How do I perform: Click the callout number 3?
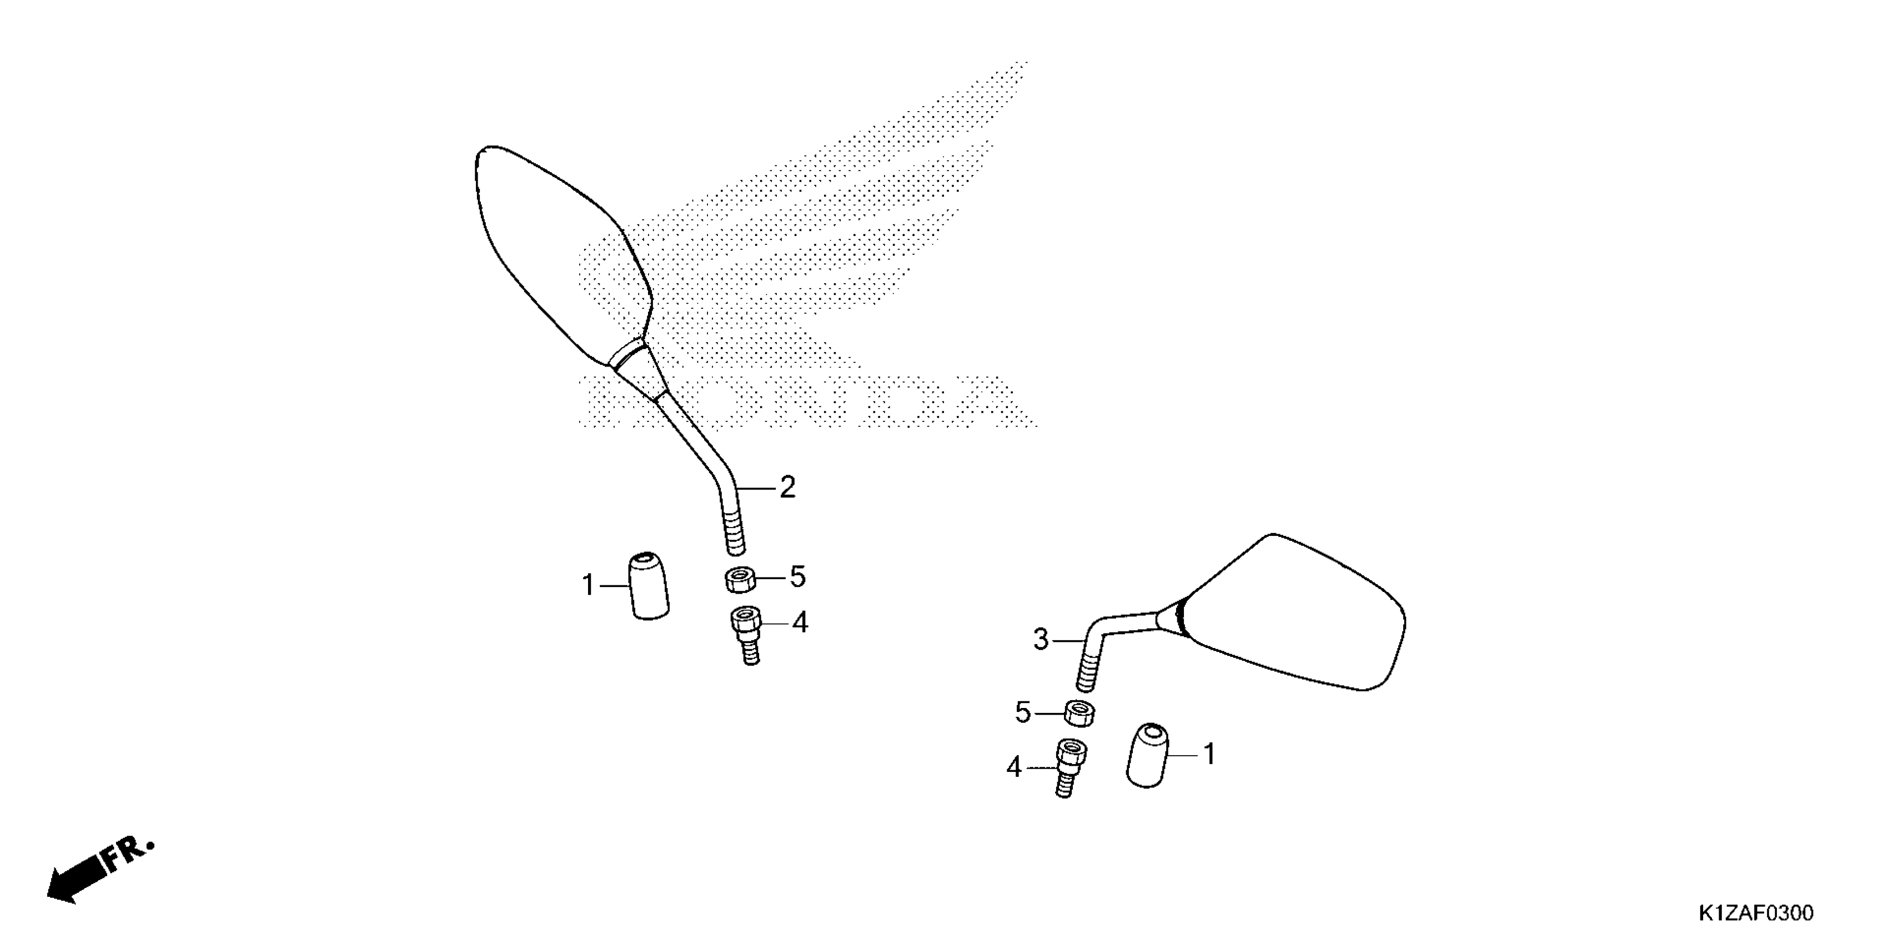tap(1041, 640)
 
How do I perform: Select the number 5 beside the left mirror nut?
tap(797, 577)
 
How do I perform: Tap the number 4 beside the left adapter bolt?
tap(800, 623)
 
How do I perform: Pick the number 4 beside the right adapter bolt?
tap(1013, 767)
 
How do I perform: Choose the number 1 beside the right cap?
tap(1209, 754)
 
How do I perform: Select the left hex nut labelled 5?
tap(740, 580)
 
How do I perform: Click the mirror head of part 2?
tap(561, 257)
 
